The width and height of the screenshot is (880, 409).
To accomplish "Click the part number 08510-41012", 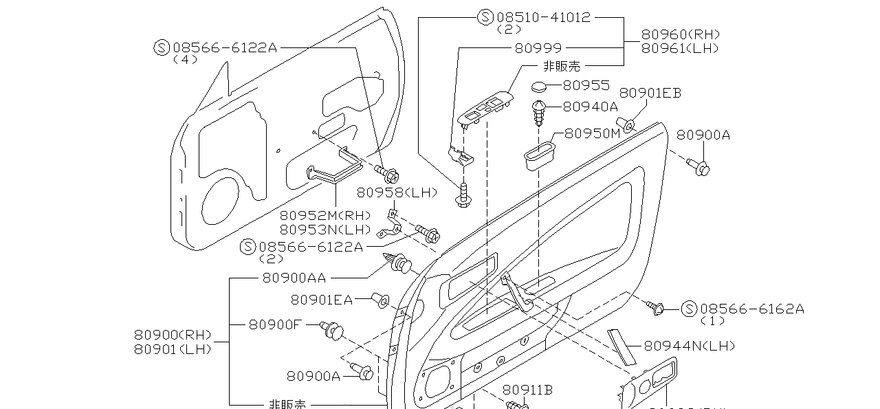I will pyautogui.click(x=543, y=17).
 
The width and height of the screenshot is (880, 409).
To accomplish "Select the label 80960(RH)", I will pyautogui.click(x=681, y=34).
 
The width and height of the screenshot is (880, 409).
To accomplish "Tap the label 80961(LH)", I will pyautogui.click(x=681, y=48).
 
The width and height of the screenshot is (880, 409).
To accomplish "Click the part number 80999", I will pyautogui.click(x=538, y=48).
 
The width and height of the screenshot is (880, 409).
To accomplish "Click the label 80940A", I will pyautogui.click(x=590, y=107).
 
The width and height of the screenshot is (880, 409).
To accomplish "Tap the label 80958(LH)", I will pyautogui.click(x=397, y=192).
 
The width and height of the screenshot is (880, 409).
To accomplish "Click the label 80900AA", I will pyautogui.click(x=294, y=278).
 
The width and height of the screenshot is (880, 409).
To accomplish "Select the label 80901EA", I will pyautogui.click(x=321, y=299).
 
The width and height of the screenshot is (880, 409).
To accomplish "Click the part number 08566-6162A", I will pyautogui.click(x=751, y=309).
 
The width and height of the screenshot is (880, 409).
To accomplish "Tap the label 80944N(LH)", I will pyautogui.click(x=689, y=346).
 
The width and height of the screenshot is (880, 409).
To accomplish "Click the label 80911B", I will pyautogui.click(x=527, y=390).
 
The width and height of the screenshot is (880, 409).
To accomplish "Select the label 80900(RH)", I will pyautogui.click(x=173, y=335).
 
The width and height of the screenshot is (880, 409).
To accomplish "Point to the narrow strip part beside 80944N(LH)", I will pyautogui.click(x=621, y=346).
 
